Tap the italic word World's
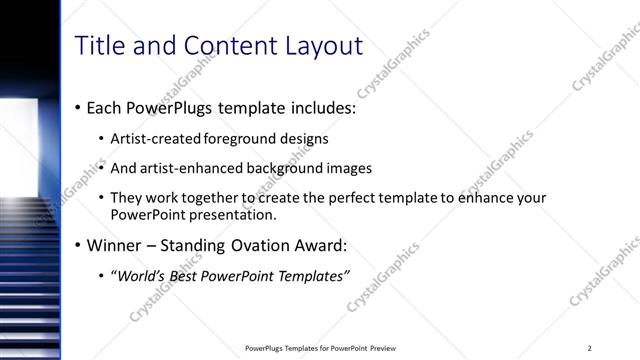coord(142,276)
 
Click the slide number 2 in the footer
coord(590,348)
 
